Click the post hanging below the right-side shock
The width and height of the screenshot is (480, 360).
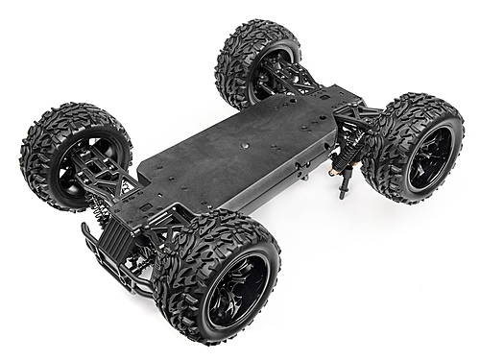[341, 184]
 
